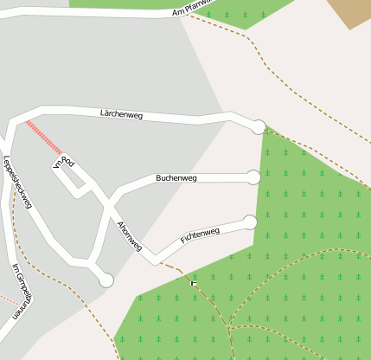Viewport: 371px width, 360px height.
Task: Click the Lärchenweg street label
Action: (x=121, y=113)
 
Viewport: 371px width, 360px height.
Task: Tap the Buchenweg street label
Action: (x=176, y=178)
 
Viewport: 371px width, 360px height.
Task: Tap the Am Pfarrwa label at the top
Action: (x=191, y=9)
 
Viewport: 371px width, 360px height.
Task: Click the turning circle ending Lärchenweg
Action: (x=258, y=127)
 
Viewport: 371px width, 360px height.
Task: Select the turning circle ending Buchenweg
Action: (x=253, y=177)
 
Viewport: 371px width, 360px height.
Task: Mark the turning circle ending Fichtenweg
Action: (x=251, y=222)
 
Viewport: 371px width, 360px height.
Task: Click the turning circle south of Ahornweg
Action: (x=106, y=280)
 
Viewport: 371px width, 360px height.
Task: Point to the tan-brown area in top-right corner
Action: (x=349, y=13)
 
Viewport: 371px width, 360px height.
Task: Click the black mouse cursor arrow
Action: (x=194, y=283)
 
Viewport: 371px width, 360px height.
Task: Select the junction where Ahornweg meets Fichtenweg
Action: (x=156, y=259)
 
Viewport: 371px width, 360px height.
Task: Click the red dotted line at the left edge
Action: (x=9, y=298)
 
